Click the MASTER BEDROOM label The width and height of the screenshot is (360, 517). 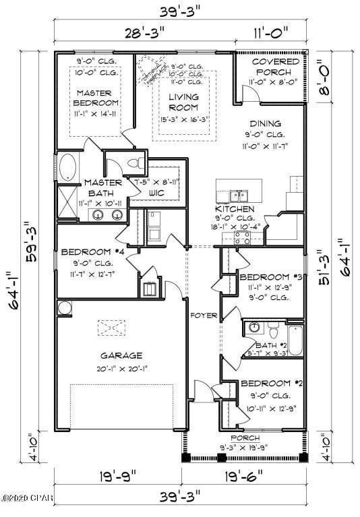97,98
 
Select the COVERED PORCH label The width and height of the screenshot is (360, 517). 271,67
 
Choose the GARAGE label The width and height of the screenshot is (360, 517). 121,355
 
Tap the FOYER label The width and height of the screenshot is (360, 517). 203,315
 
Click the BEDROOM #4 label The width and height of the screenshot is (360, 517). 96,252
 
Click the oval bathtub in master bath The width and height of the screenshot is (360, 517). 68,166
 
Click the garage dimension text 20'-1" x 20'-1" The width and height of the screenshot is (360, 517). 121,368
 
